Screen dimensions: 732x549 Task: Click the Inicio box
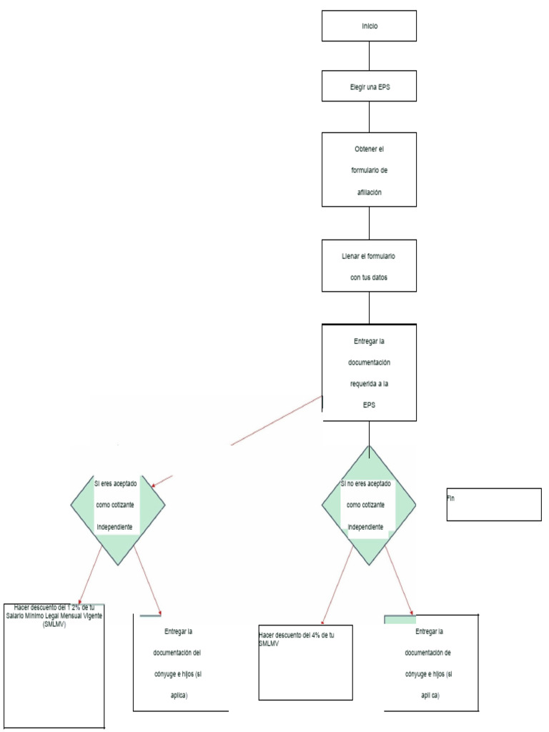pyautogui.click(x=369, y=26)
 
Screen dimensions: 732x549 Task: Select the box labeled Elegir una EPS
pyautogui.click(x=369, y=86)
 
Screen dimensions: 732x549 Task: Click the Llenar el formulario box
pyautogui.click(x=369, y=265)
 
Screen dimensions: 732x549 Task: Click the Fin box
pyautogui.click(x=494, y=505)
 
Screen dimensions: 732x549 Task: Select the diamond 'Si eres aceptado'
pyautogui.click(x=118, y=505)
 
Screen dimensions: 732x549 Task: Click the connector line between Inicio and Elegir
pyautogui.click(x=369, y=56)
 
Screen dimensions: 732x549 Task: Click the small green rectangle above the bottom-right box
pyautogui.click(x=400, y=619)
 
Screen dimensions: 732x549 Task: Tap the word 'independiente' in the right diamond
pyautogui.click(x=369, y=528)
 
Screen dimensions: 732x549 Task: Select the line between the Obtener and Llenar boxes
pyautogui.click(x=369, y=222)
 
